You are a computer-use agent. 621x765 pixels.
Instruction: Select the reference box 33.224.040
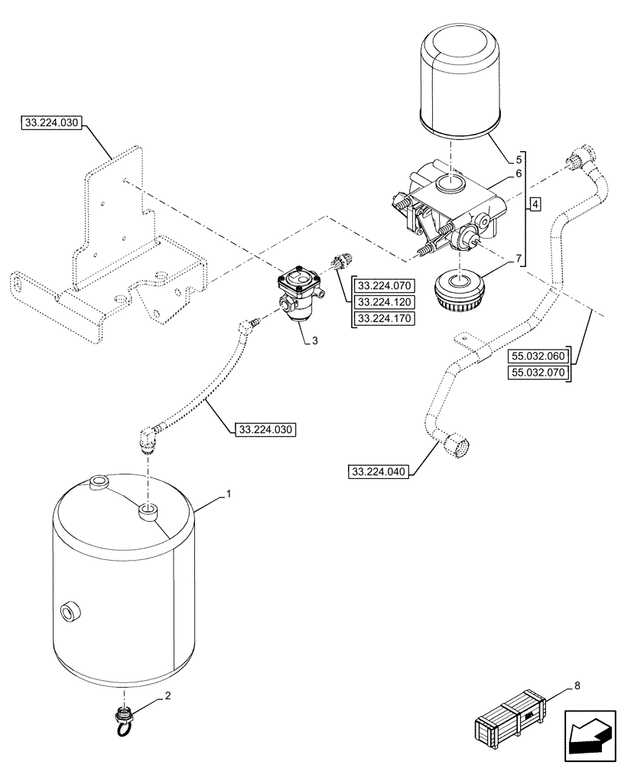click(x=379, y=470)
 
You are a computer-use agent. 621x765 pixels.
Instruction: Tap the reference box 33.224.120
click(x=383, y=302)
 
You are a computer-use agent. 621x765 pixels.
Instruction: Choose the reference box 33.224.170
click(x=383, y=318)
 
